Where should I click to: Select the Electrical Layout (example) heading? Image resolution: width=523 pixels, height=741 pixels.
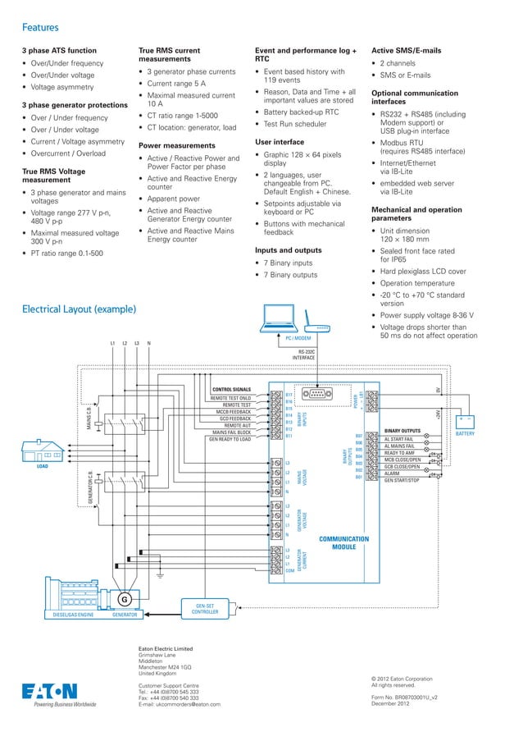point(67,309)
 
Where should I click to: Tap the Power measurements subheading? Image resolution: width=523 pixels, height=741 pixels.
point(177,145)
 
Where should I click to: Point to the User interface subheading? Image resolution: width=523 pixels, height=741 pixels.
point(280,142)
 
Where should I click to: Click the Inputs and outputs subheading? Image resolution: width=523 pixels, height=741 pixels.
point(288,249)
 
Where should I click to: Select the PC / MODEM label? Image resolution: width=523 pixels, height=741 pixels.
point(298,338)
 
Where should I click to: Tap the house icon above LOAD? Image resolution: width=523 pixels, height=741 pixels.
point(43,451)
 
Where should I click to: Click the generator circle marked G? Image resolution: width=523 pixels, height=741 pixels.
point(125,598)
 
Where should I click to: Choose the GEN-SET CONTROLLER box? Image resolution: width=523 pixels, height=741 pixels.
point(204,608)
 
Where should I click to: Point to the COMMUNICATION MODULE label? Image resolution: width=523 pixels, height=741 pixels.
point(343,543)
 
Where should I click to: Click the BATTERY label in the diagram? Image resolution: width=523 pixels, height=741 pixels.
point(465,433)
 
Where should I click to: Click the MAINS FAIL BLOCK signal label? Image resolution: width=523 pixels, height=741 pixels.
point(232,432)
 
